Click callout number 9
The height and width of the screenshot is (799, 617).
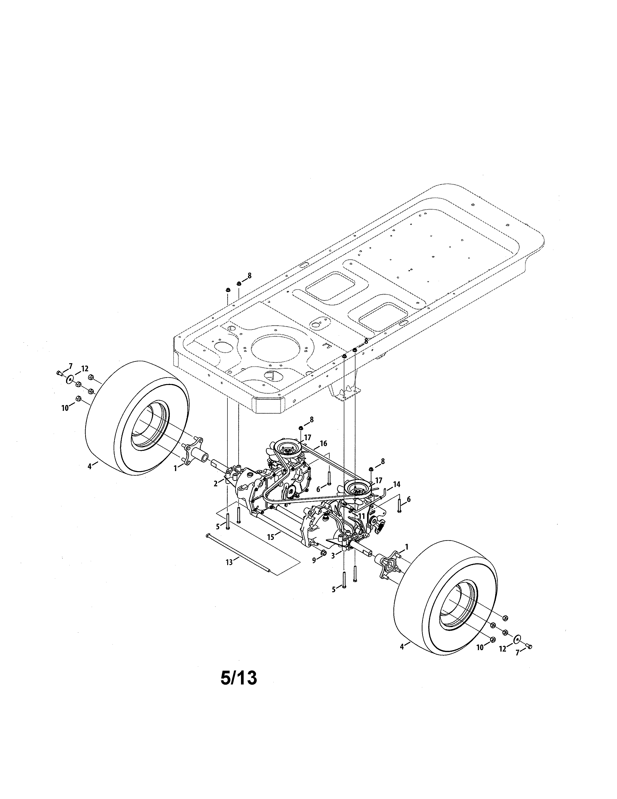pyautogui.click(x=314, y=560)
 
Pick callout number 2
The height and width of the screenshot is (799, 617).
pyautogui.click(x=216, y=484)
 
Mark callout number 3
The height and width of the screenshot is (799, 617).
pyautogui.click(x=333, y=556)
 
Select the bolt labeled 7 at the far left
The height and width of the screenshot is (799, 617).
pyautogui.click(x=60, y=373)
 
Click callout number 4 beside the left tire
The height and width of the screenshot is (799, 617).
pyautogui.click(x=89, y=467)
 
